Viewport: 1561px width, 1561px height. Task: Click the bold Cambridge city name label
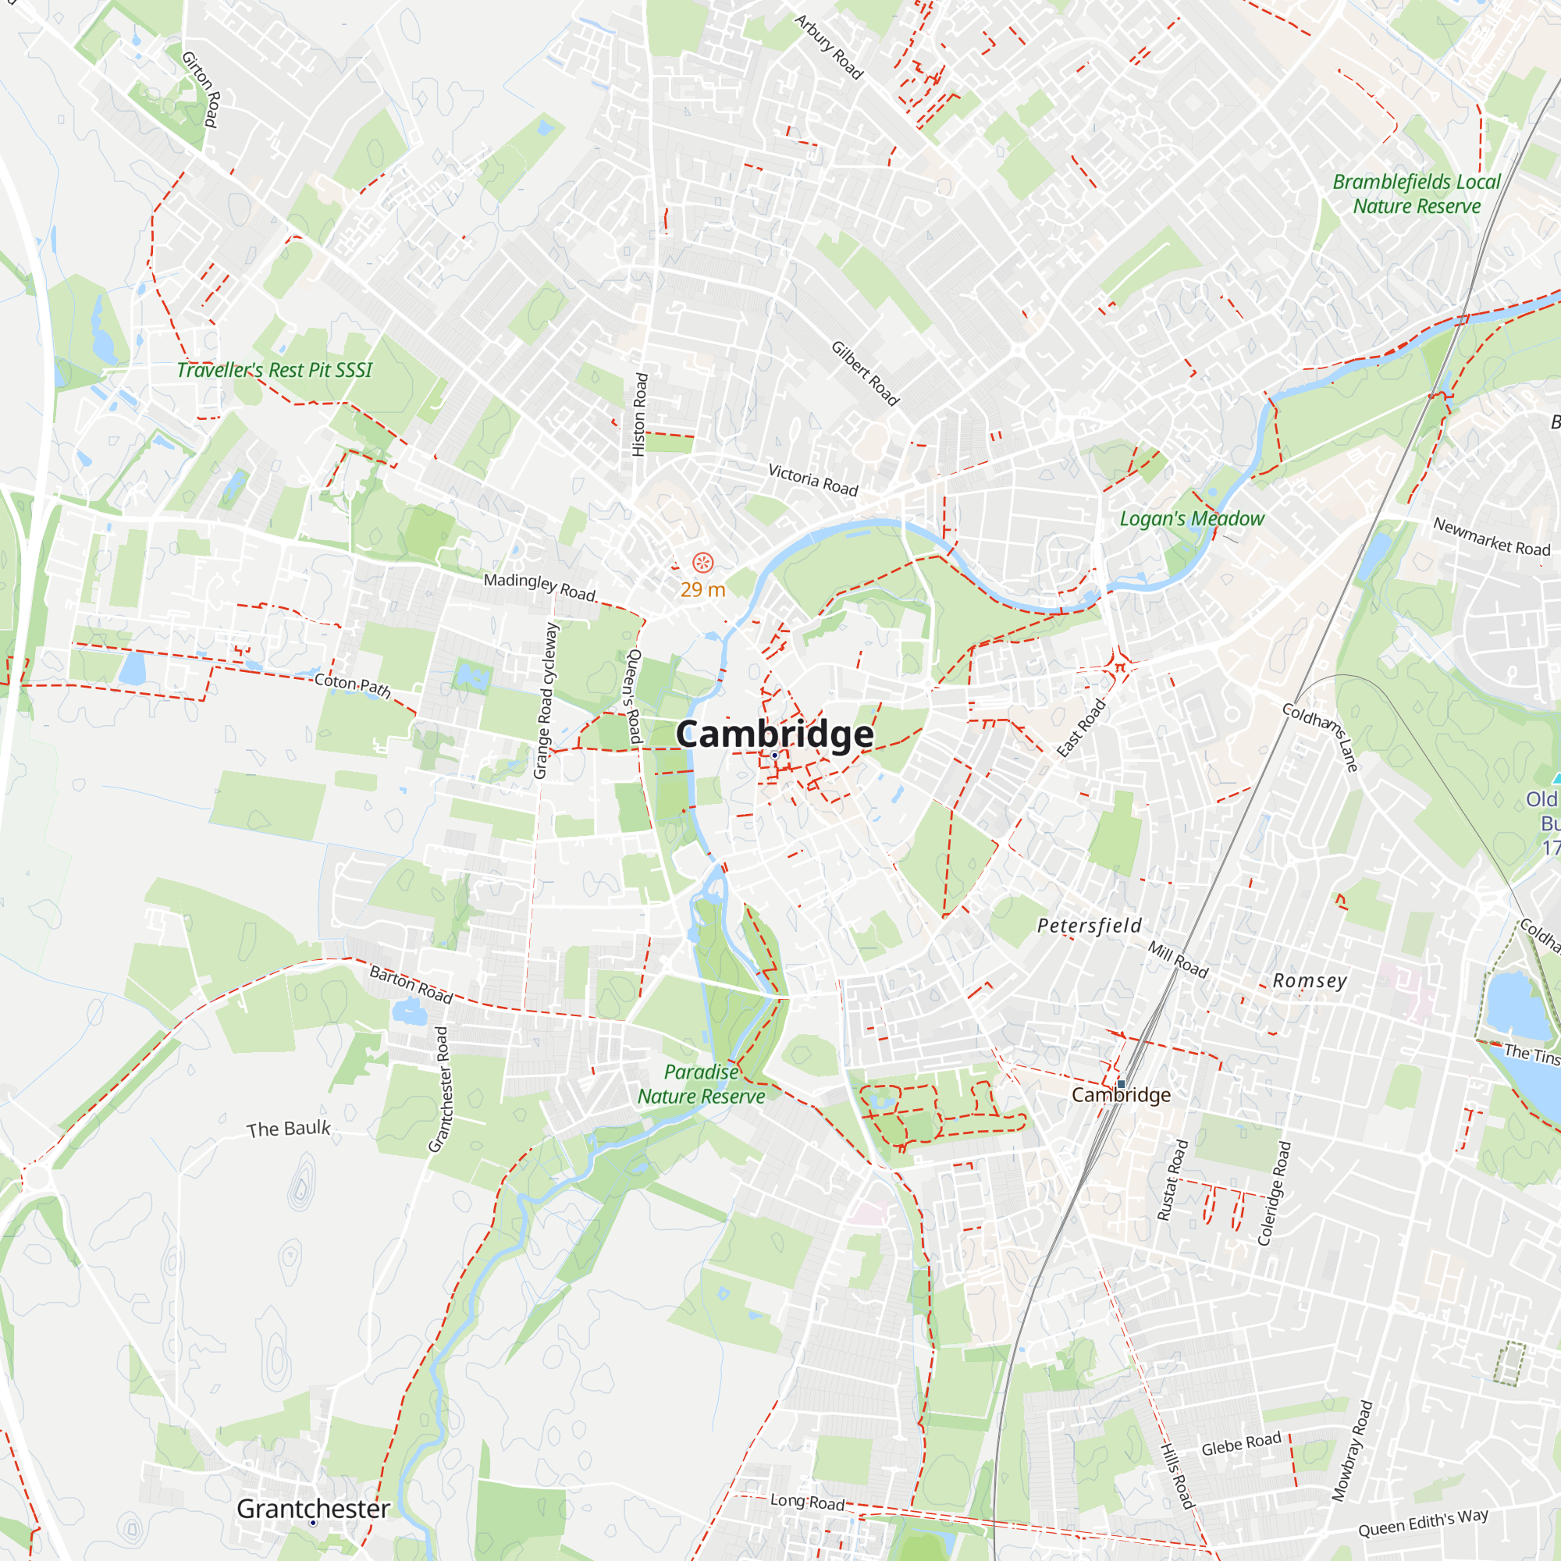774,734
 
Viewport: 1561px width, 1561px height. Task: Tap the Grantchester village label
313,1509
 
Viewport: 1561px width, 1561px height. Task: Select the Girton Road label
201,90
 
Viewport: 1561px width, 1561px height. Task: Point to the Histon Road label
640,414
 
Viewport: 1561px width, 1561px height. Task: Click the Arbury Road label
828,47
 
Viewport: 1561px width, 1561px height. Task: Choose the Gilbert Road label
865,372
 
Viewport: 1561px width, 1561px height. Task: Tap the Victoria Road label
813,480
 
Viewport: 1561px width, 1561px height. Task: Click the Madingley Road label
539,587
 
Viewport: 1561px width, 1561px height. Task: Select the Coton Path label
352,685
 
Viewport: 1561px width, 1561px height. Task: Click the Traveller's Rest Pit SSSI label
274,370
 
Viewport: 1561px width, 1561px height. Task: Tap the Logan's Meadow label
1192,519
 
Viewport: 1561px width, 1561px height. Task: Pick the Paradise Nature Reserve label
702,1084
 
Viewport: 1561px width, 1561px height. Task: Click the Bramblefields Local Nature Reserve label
1417,194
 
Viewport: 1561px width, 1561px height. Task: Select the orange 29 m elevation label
702,590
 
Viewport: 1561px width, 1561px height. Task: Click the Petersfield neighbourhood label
1089,926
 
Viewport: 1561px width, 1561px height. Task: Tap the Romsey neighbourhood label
1310,981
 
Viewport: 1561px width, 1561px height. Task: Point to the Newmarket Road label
1492,537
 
